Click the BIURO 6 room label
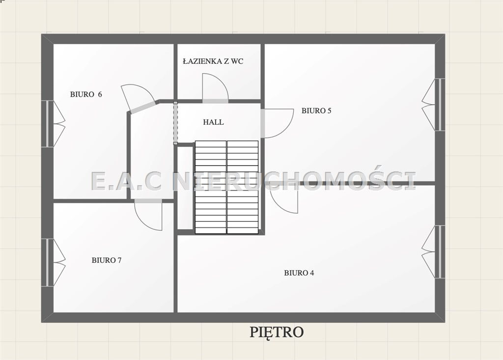pos(86,94)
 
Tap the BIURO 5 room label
pos(316,111)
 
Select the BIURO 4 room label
pos(299,273)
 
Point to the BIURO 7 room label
pos(107,260)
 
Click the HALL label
pos(213,122)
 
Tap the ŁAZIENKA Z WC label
pos(213,61)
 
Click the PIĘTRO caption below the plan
pos(277,332)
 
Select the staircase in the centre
pos(227,187)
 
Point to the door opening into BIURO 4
pos(284,199)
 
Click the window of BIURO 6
pos(53,124)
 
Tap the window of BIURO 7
pos(53,262)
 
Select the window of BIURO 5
pos(433,105)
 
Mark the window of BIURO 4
pos(433,251)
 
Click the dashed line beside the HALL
pos(175,123)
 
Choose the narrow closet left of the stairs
pos(185,188)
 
